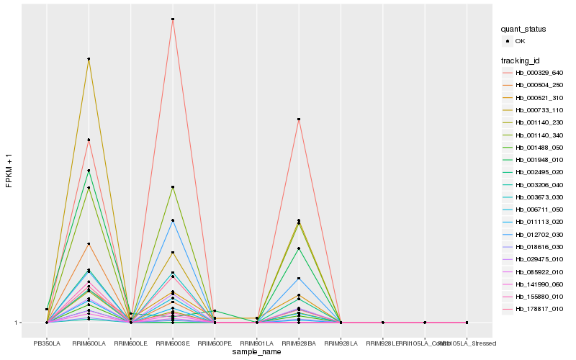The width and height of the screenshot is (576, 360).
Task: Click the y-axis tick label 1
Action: pyautogui.click(x=17, y=323)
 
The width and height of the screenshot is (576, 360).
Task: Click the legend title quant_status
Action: pyautogui.click(x=523, y=29)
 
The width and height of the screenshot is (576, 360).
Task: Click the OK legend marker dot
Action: pyautogui.click(x=508, y=42)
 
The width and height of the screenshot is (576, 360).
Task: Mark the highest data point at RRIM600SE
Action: pyautogui.click(x=173, y=19)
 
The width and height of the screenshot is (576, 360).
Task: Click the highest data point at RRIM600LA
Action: pyautogui.click(x=89, y=59)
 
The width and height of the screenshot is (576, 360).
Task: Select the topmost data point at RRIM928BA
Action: pyautogui.click(x=299, y=119)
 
